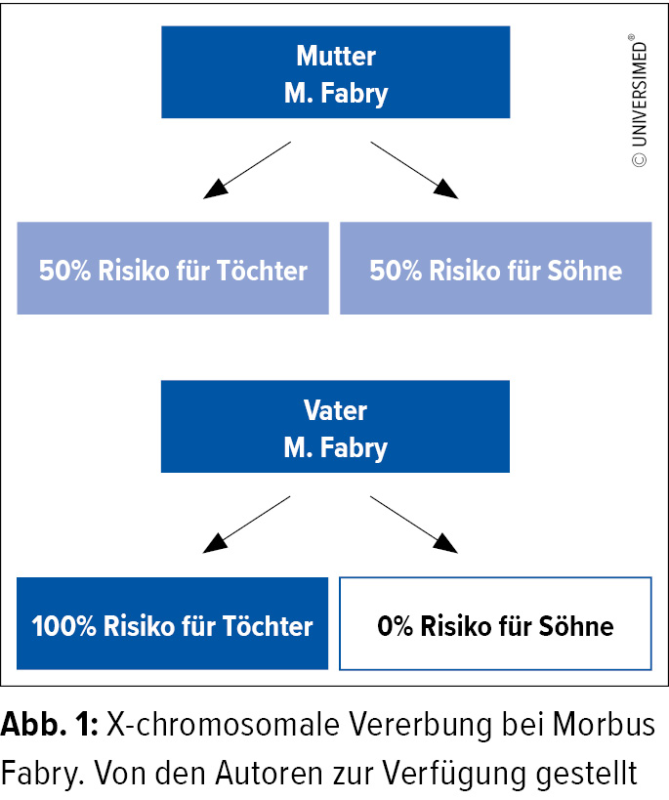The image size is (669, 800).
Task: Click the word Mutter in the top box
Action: click(x=336, y=56)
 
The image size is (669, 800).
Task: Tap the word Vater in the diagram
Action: click(x=335, y=410)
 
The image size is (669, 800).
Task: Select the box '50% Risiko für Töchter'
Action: click(x=173, y=268)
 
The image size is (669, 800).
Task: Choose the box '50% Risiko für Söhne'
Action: click(x=495, y=268)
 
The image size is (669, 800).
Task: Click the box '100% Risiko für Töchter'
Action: click(x=173, y=623)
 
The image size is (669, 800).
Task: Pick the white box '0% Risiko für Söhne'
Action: click(x=495, y=623)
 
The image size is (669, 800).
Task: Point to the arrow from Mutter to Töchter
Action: click(x=247, y=170)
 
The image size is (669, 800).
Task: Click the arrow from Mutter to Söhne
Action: click(x=414, y=170)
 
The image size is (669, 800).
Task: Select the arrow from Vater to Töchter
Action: click(x=246, y=525)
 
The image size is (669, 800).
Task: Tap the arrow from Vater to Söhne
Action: click(x=414, y=525)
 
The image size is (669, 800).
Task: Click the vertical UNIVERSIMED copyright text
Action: click(x=639, y=101)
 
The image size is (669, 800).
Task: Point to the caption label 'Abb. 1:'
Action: click(x=50, y=725)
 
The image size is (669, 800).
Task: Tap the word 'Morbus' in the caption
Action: click(x=604, y=725)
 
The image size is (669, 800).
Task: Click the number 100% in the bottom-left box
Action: click(x=63, y=626)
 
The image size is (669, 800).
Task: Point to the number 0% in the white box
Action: click(x=395, y=626)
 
